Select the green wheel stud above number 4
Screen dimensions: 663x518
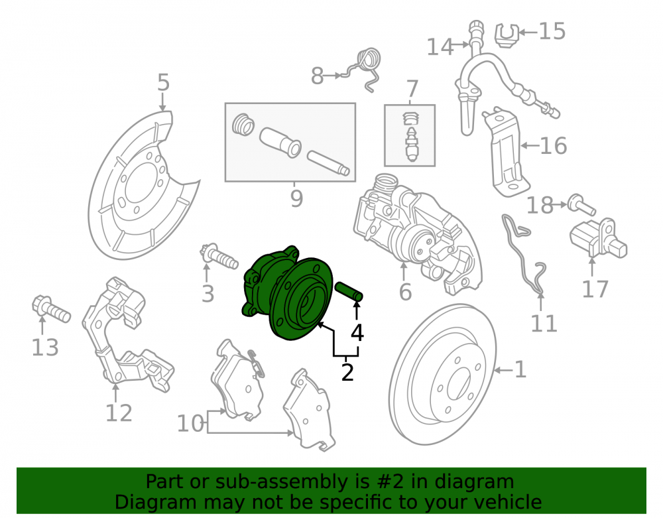[349, 291]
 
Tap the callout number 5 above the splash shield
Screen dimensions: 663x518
[163, 82]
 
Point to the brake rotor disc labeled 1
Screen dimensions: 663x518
[442, 374]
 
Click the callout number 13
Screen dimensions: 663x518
[45, 348]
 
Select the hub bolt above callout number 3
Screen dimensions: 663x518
[219, 256]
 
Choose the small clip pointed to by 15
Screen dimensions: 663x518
[507, 35]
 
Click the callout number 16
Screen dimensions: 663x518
[553, 146]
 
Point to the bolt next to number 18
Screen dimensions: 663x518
[581, 205]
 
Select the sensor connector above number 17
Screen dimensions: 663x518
[598, 239]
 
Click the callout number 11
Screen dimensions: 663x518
[544, 324]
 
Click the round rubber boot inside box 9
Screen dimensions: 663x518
[243, 125]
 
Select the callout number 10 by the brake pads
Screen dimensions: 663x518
[190, 423]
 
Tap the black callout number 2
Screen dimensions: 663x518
[347, 371]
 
